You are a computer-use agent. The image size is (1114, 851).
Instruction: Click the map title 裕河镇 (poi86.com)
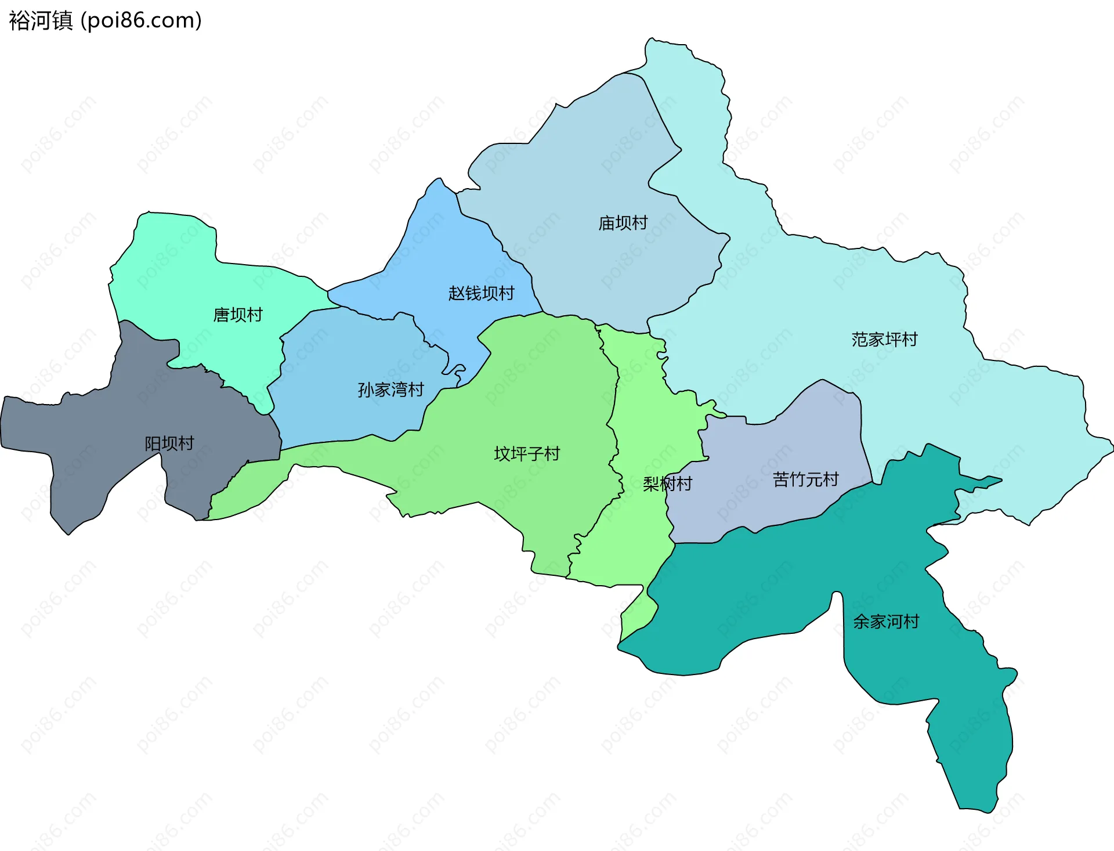[x=105, y=20]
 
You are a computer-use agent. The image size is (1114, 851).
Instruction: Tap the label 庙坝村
[x=623, y=223]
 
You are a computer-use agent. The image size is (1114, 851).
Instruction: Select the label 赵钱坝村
[x=481, y=293]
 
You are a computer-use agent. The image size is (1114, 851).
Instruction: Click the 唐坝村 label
[x=238, y=315]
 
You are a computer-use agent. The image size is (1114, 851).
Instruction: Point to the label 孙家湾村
[x=390, y=390]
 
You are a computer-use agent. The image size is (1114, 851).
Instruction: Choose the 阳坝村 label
[x=169, y=443]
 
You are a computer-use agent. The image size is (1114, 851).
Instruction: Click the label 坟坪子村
[x=527, y=453]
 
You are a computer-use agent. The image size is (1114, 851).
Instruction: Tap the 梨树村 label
[x=667, y=484]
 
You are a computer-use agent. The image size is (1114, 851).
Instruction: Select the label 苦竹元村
[x=805, y=479]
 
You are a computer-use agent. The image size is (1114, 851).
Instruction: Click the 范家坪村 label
[x=884, y=339]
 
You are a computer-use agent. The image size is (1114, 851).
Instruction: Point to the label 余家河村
[x=886, y=622]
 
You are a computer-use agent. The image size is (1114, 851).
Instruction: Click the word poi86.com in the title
[x=141, y=20]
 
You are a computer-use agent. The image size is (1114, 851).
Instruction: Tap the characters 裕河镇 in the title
[x=41, y=20]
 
